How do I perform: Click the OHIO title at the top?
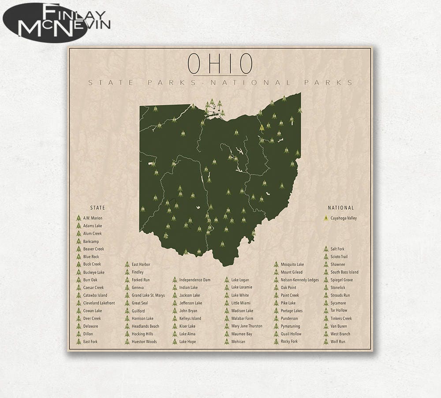(x=220, y=64)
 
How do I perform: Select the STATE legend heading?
(x=97, y=208)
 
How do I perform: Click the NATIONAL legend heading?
(x=340, y=208)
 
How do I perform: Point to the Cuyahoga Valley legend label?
(x=344, y=218)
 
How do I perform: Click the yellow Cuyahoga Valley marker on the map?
(x=262, y=128)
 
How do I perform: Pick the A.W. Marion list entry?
(x=93, y=218)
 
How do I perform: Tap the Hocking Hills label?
(x=142, y=334)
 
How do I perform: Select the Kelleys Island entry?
(x=190, y=319)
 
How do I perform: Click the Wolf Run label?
(x=338, y=342)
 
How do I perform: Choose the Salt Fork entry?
(x=337, y=249)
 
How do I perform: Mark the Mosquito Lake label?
(x=292, y=264)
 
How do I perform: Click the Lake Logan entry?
(x=240, y=280)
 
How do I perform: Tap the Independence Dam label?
(x=194, y=280)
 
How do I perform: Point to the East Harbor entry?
(x=141, y=264)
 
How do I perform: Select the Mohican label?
(x=238, y=342)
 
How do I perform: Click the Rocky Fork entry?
(x=289, y=342)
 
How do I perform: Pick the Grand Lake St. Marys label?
(x=148, y=295)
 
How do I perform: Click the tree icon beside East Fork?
(x=78, y=342)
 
